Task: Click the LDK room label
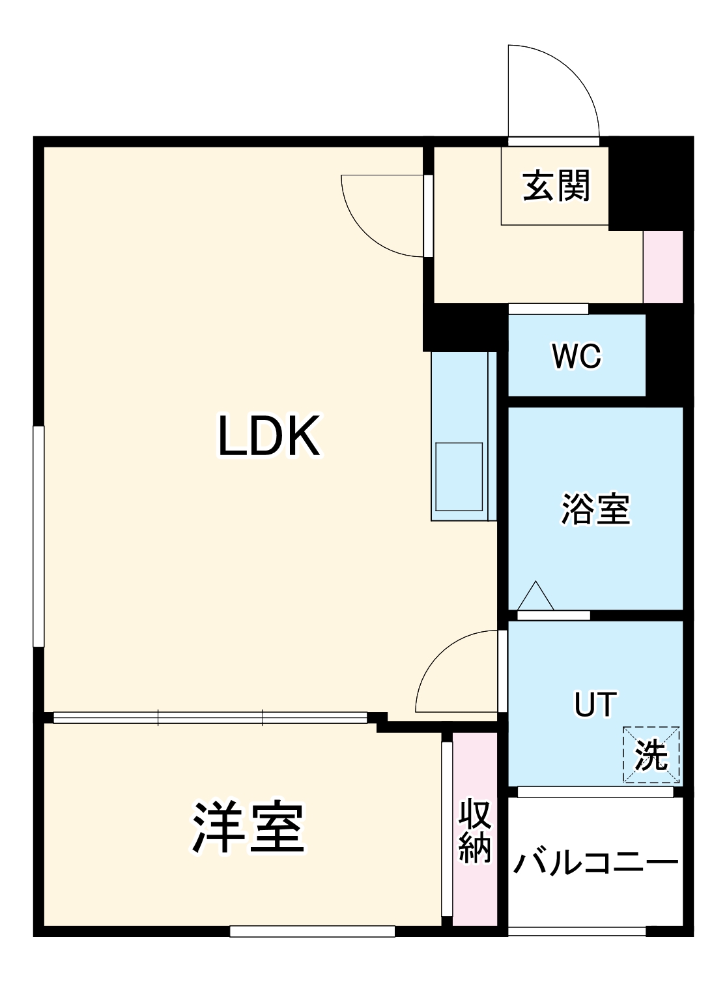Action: click(268, 436)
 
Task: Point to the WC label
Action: click(576, 356)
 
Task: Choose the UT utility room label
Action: click(595, 704)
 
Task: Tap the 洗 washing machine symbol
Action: click(651, 755)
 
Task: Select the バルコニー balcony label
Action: click(595, 863)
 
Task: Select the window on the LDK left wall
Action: click(38, 536)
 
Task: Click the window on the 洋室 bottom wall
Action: click(313, 932)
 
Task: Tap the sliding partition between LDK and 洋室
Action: click(210, 718)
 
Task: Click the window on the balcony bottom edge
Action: click(577, 932)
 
